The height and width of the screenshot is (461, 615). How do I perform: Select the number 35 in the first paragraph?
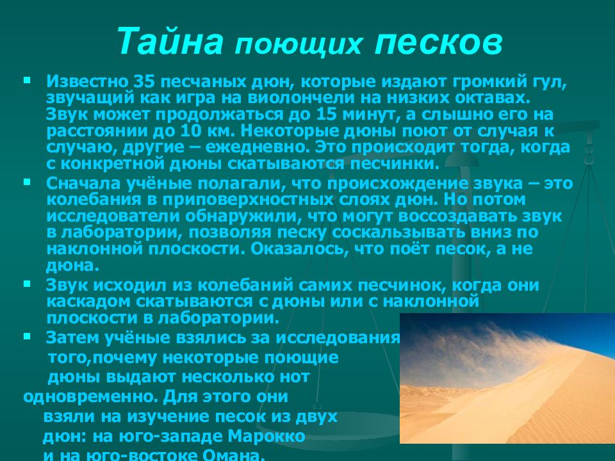point(142,83)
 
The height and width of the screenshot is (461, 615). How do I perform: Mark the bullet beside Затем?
point(26,336)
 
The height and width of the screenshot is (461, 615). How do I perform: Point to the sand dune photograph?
point(507,378)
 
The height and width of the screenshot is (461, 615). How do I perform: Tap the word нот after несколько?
point(295,376)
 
